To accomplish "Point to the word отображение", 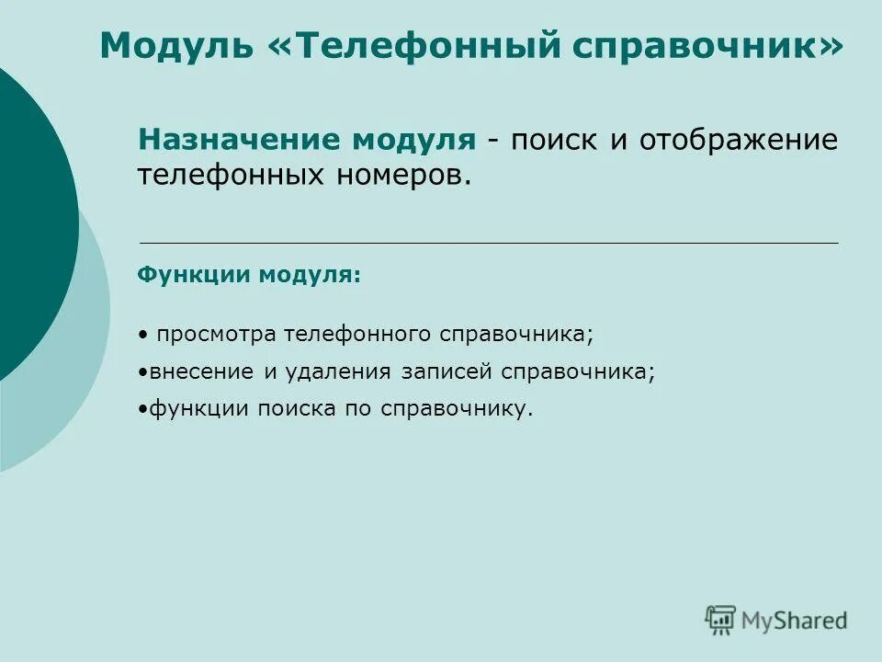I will click(739, 142).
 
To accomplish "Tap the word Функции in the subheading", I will click(194, 274).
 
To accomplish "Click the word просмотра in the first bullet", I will click(217, 334).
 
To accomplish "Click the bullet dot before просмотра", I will click(146, 335).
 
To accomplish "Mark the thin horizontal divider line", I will click(488, 242).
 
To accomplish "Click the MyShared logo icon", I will click(720, 620).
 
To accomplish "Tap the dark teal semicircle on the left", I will click(32, 221).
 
